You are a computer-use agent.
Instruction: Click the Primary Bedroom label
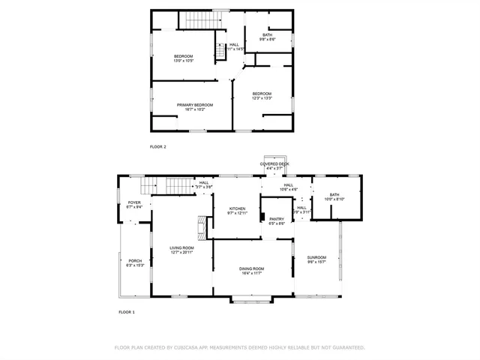coord(195,105)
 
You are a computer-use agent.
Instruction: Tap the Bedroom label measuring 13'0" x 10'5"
coord(184,57)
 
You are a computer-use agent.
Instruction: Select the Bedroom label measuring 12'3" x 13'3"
coord(262,93)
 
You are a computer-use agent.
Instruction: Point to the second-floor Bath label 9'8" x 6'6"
coord(267,34)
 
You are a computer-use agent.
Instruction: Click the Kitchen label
coord(237,209)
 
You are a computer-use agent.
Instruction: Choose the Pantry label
coord(277,219)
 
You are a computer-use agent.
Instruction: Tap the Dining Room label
coord(252,268)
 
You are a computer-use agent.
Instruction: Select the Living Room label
coord(181,247)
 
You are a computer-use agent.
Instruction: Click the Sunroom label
coord(316,257)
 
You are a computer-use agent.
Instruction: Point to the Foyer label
coord(134,202)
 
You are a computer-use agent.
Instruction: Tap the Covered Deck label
coord(274,163)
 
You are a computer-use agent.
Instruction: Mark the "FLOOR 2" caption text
coord(158,146)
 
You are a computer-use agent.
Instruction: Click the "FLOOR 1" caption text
coord(127,311)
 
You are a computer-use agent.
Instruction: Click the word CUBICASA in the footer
coord(190,348)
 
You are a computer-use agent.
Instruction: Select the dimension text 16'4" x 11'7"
coord(252,273)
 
